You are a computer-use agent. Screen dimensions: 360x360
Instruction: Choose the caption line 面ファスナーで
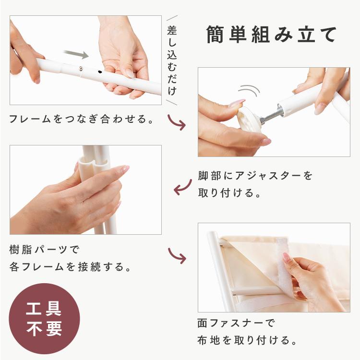coord(236,323)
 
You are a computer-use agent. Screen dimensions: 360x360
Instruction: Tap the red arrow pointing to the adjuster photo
coord(177,122)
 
